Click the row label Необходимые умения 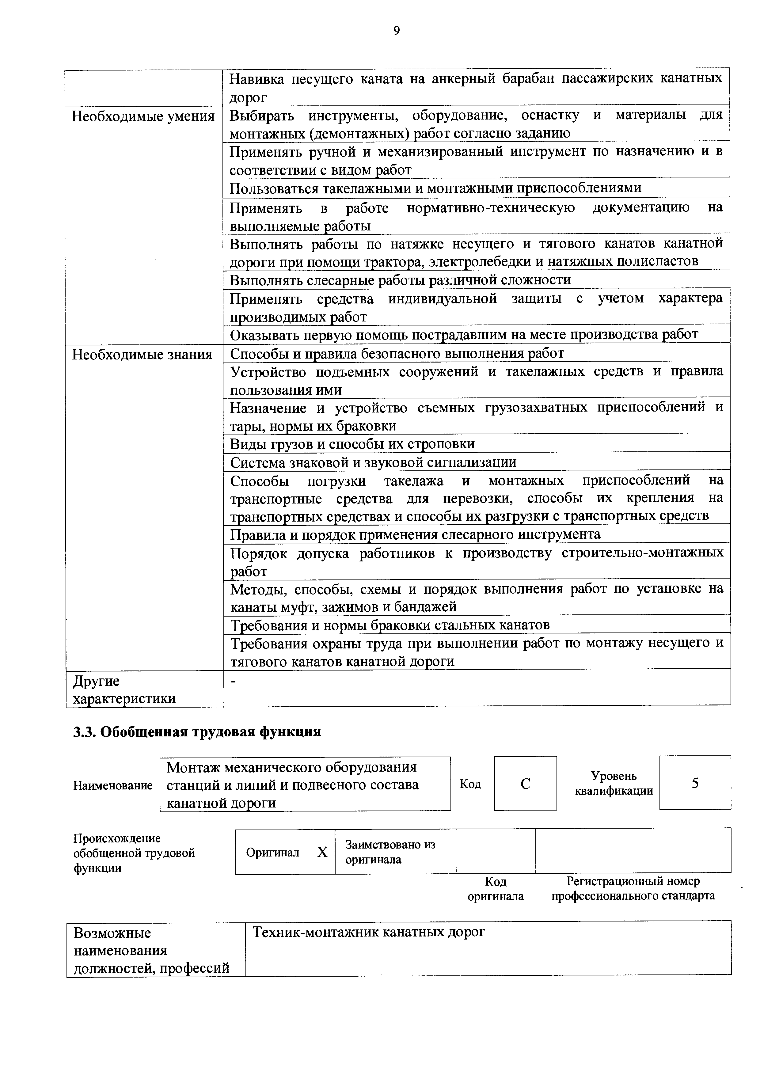tap(143, 116)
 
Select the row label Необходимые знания tap(142, 355)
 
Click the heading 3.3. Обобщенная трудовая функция tap(197, 732)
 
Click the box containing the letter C tap(525, 784)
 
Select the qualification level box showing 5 tap(695, 783)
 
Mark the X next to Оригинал tap(322, 853)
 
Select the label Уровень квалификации tap(614, 783)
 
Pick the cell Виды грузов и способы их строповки tap(352, 443)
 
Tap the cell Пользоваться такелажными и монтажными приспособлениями tap(435, 188)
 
